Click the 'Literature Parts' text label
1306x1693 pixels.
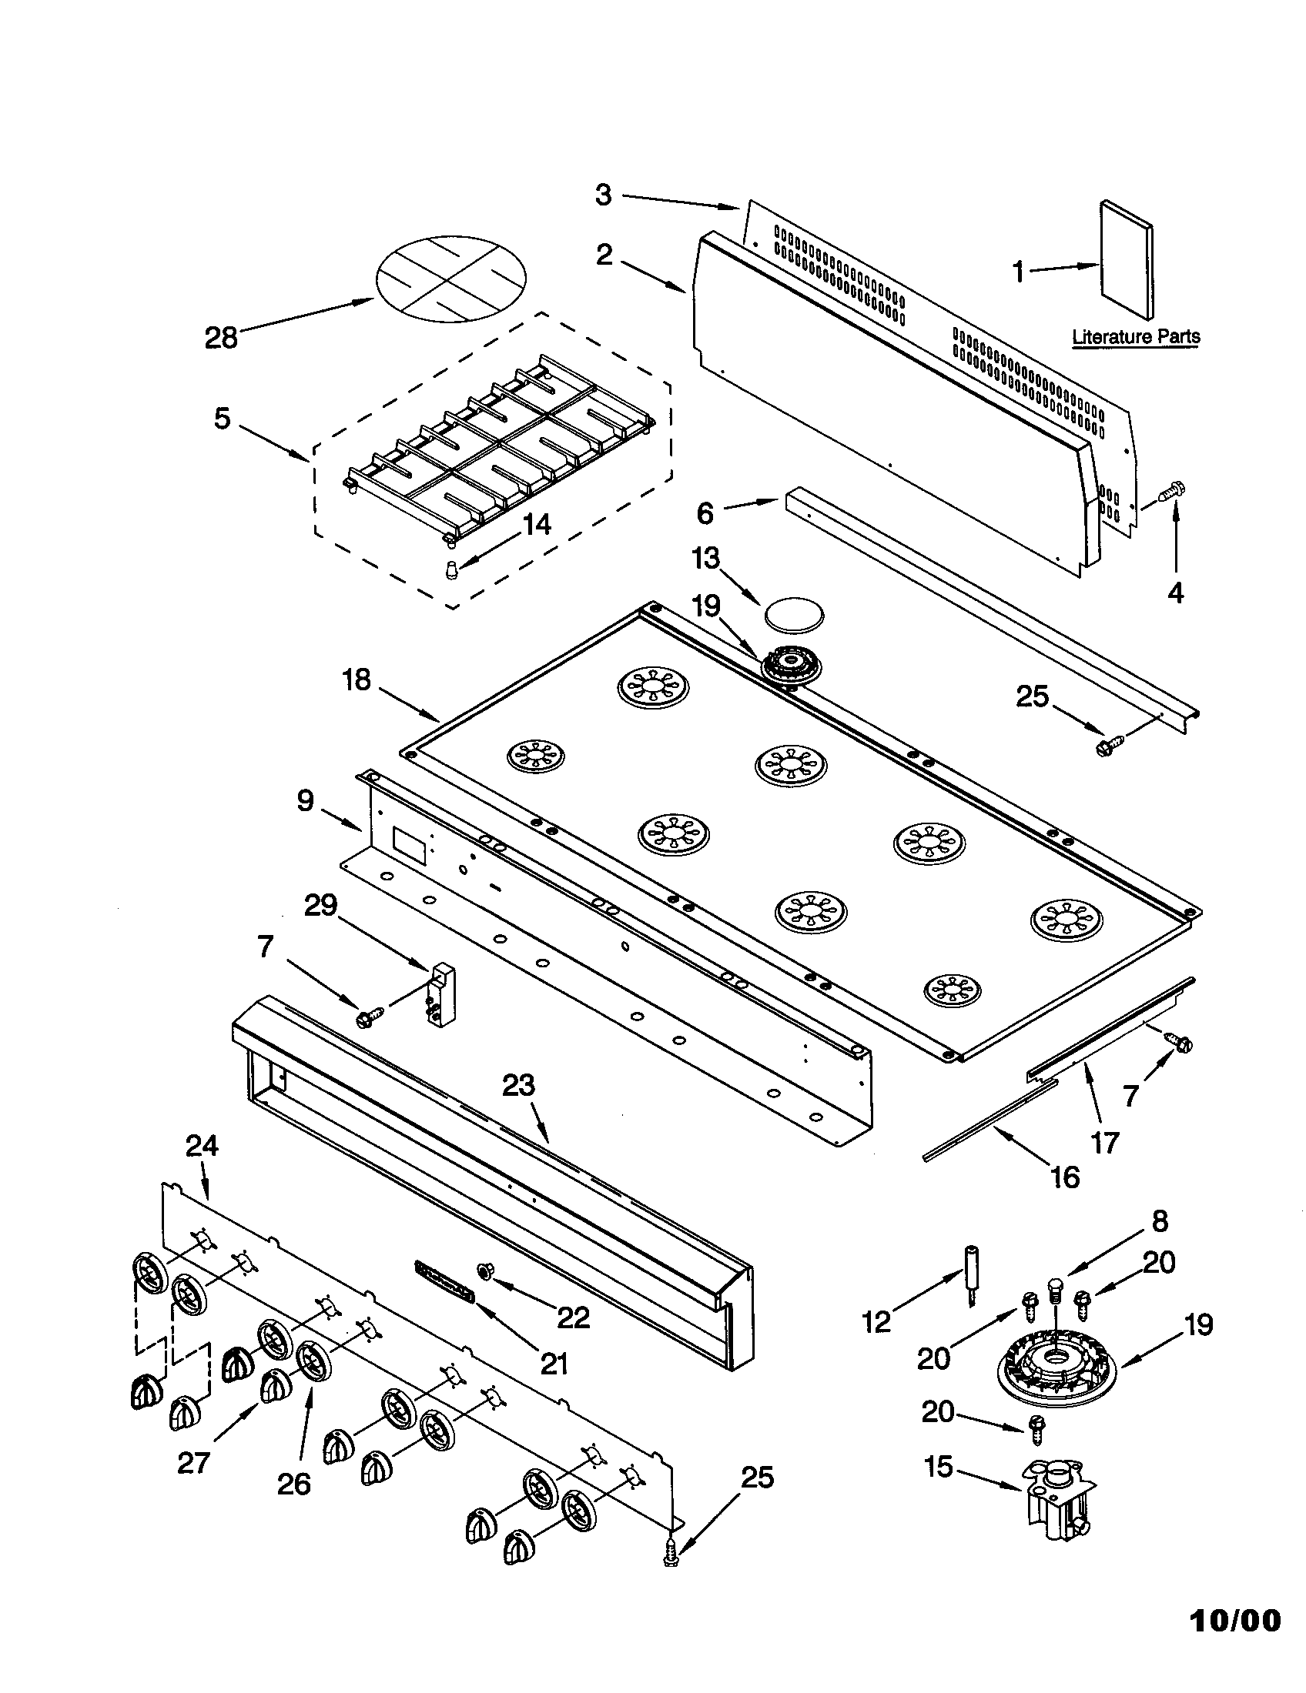click(1135, 336)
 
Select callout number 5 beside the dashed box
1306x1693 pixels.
click(223, 419)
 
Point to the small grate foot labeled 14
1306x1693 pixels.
click(453, 571)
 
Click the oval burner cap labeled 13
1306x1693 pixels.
click(794, 616)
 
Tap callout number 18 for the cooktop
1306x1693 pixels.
click(357, 680)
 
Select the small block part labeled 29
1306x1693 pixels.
click(442, 994)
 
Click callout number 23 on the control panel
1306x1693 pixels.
click(518, 1085)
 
